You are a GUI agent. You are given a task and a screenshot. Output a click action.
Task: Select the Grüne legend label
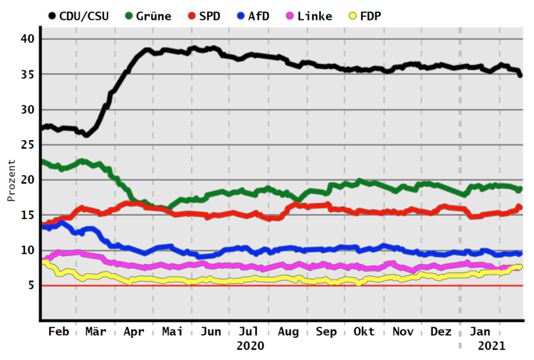(152, 16)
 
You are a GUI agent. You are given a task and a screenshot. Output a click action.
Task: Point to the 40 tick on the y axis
(27, 38)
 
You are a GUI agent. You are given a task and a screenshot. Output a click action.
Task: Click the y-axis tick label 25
(27, 144)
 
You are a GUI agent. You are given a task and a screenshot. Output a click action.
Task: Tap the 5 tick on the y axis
(31, 285)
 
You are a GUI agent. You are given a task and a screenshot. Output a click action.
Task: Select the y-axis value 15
(27, 215)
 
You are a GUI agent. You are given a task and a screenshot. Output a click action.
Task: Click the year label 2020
(250, 346)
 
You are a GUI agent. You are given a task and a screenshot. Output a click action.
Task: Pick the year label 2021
(491, 346)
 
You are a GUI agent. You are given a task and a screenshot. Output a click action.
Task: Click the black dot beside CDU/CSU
(51, 16)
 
